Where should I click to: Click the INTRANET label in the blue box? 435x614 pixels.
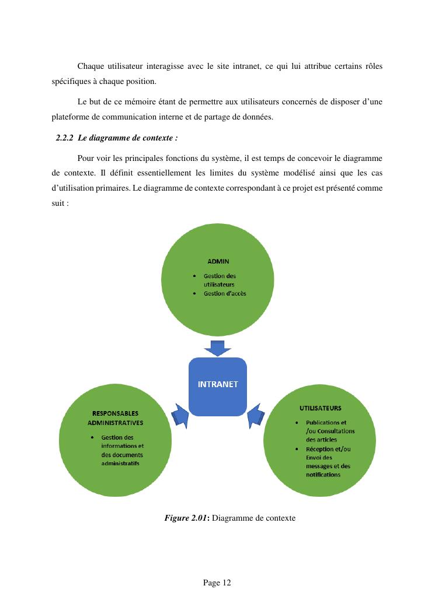click(218, 384)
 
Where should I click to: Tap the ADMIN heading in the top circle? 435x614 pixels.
click(218, 262)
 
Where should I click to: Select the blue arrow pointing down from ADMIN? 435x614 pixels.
click(218, 348)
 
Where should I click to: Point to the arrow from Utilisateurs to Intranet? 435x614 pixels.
click(256, 415)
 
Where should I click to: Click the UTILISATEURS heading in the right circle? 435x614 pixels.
click(321, 408)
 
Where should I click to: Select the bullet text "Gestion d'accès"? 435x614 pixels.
click(225, 293)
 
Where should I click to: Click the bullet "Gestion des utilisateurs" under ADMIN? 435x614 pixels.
click(220, 280)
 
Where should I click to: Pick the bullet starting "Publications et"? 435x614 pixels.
click(326, 422)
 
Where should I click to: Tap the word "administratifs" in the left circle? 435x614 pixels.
click(120, 464)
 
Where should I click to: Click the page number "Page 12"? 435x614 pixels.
click(217, 583)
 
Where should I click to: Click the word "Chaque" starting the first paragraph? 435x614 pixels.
click(89, 66)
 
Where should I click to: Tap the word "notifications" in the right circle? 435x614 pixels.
click(323, 475)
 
